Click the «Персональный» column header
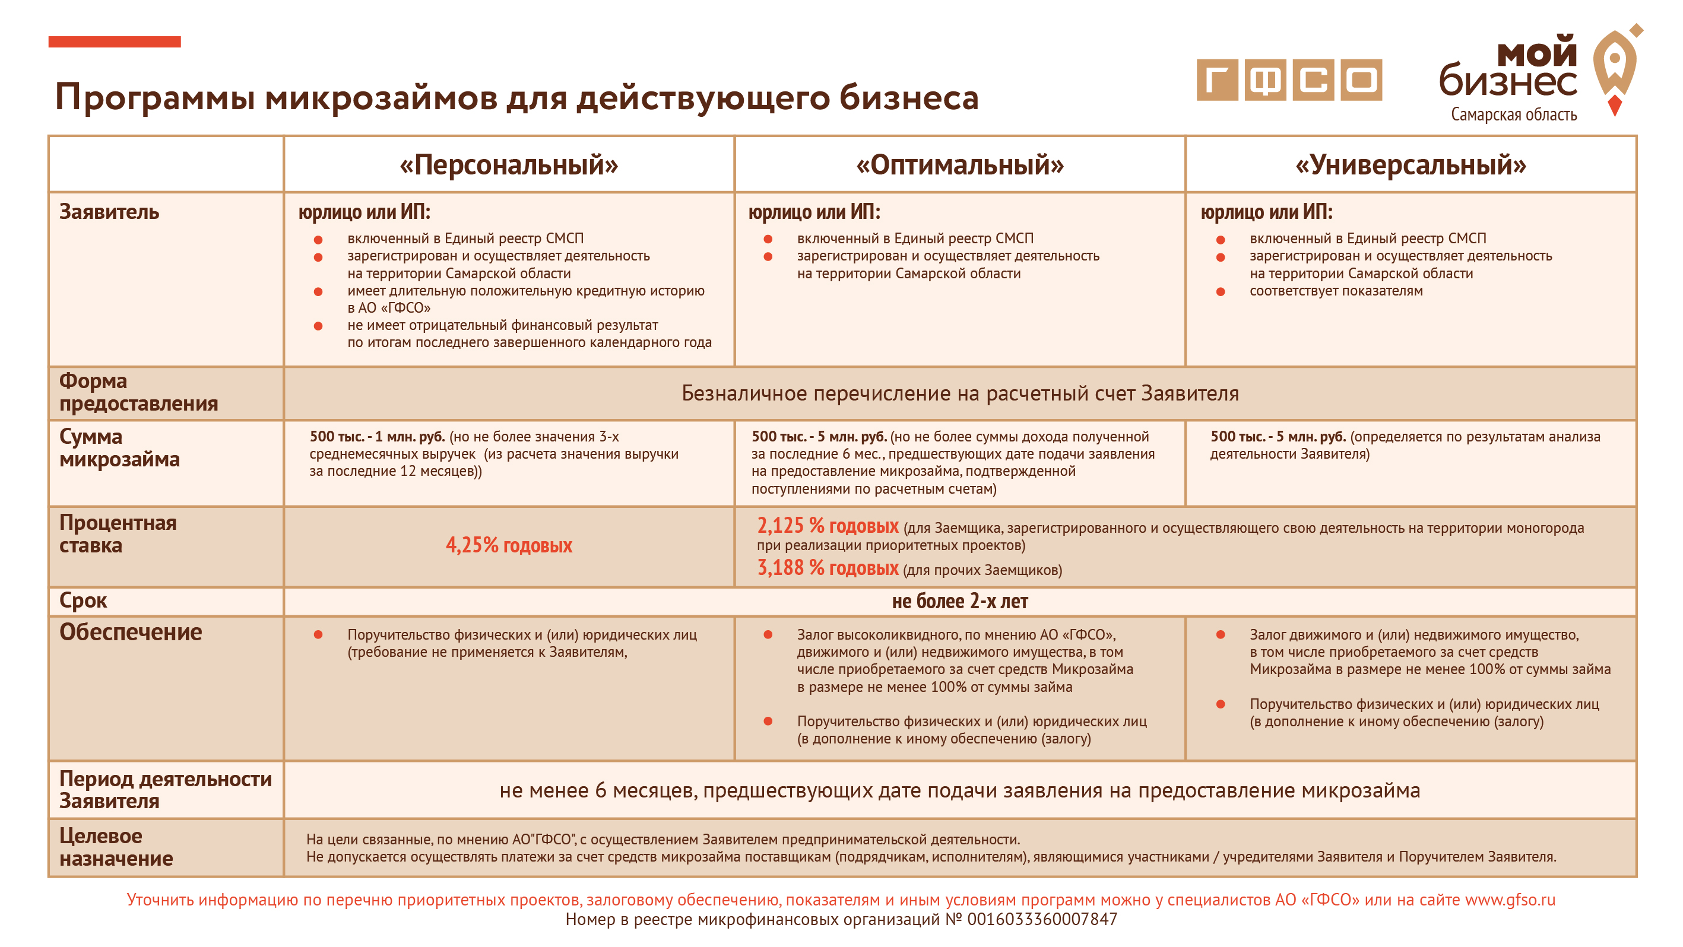click(508, 164)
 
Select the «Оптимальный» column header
click(960, 164)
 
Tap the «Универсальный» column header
click(1411, 164)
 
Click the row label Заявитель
click(109, 212)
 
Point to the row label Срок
click(83, 600)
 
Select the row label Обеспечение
click(131, 631)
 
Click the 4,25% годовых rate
click(508, 545)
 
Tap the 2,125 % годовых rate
click(828, 526)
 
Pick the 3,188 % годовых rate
click(828, 567)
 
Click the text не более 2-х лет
click(960, 601)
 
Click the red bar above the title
click(115, 42)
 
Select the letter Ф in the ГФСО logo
click(1265, 80)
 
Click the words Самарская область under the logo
click(1513, 115)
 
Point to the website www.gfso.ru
click(1510, 900)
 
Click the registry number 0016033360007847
click(1041, 919)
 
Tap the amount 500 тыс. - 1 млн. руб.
click(377, 436)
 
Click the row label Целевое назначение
click(116, 847)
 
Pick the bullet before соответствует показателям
click(1221, 291)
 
